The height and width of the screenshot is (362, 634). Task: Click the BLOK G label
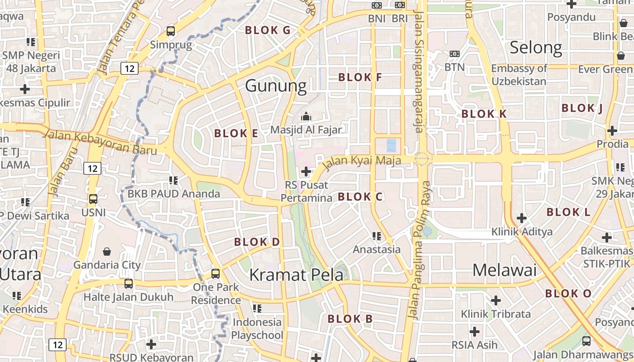(x=267, y=30)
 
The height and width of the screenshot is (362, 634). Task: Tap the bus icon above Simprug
(x=171, y=31)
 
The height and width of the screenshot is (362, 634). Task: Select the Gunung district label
(x=276, y=86)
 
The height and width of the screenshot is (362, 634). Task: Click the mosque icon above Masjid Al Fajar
(x=306, y=116)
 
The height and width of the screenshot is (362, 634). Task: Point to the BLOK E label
(x=236, y=133)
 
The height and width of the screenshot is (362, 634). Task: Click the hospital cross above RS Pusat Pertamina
(x=306, y=171)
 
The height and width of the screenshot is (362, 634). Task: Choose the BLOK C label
(x=360, y=197)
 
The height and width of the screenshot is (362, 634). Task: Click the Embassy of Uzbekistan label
(x=519, y=75)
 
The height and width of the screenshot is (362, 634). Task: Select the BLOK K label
(x=484, y=114)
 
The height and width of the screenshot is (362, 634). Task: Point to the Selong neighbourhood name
(x=536, y=48)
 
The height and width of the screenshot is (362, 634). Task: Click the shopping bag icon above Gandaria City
(x=107, y=251)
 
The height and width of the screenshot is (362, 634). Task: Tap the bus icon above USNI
(x=93, y=199)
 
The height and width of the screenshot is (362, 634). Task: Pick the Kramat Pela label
(x=296, y=274)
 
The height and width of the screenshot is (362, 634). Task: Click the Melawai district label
(x=504, y=270)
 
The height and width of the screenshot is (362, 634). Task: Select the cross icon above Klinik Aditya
(x=522, y=218)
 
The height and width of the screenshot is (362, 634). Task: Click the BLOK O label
(x=568, y=294)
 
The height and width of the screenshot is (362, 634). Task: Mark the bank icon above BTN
(x=455, y=54)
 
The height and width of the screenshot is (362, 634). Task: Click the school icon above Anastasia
(x=376, y=236)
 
